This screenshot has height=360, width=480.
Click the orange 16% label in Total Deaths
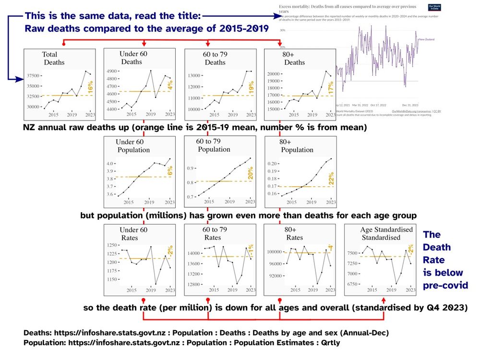click(90, 89)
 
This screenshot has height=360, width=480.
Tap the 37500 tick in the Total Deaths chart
click(33, 76)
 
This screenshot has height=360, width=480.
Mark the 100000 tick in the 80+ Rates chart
click(270, 251)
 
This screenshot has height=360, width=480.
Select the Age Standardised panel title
click(386, 233)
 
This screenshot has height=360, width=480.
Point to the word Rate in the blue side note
click(436, 260)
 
